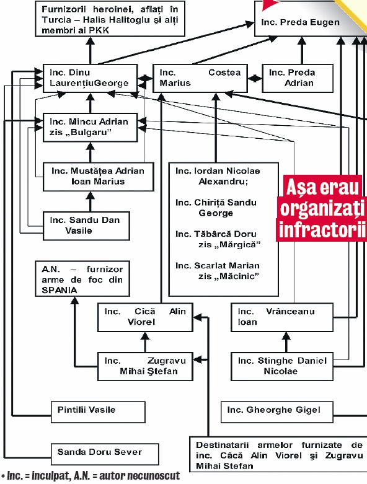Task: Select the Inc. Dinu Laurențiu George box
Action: (x=89, y=77)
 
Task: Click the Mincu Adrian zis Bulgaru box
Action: (x=89, y=126)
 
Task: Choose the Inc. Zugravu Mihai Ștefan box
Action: (x=145, y=366)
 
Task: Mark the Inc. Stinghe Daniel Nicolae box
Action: (x=282, y=366)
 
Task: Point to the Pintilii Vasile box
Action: (x=98, y=410)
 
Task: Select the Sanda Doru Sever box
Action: (x=105, y=452)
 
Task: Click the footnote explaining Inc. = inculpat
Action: (x=90, y=477)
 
